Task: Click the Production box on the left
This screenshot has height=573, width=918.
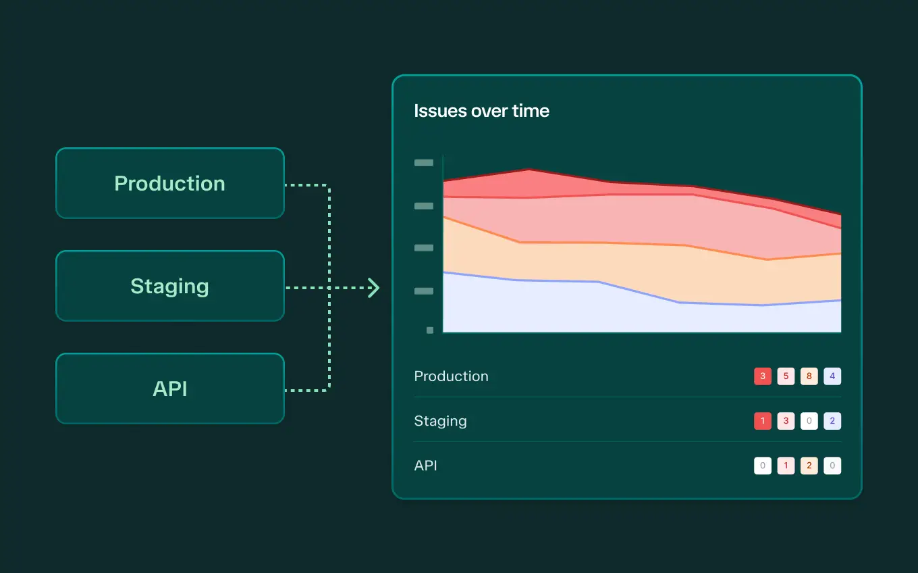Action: pyautogui.click(x=170, y=183)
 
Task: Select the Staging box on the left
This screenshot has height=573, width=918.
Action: pyautogui.click(x=170, y=286)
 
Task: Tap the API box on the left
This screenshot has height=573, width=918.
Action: pyautogui.click(x=170, y=389)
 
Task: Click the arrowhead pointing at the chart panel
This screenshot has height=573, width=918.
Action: pyautogui.click(x=374, y=288)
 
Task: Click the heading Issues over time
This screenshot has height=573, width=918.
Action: pyautogui.click(x=481, y=111)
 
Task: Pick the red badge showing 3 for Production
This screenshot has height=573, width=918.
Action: pyautogui.click(x=763, y=376)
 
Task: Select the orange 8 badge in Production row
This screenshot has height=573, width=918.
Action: pyautogui.click(x=809, y=376)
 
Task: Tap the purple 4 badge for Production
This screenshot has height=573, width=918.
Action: pyautogui.click(x=832, y=376)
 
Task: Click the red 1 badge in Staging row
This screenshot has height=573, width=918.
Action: pyautogui.click(x=763, y=421)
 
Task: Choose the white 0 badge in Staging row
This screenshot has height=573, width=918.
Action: pyautogui.click(x=809, y=421)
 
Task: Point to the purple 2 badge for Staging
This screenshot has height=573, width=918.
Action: pyautogui.click(x=832, y=421)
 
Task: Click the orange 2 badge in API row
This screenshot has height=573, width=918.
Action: pyautogui.click(x=809, y=466)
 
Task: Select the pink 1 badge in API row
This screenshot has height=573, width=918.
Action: pyautogui.click(x=786, y=466)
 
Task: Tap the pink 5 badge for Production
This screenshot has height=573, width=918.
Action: pyautogui.click(x=786, y=376)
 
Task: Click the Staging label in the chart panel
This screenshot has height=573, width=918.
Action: pyautogui.click(x=441, y=421)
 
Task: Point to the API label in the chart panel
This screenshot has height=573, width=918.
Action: pyautogui.click(x=425, y=466)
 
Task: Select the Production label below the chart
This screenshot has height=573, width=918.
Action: pyautogui.click(x=451, y=376)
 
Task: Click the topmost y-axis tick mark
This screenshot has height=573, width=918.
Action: pyautogui.click(x=424, y=163)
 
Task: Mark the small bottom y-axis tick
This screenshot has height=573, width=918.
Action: pyautogui.click(x=430, y=330)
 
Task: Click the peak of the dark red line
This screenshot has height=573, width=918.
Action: pyautogui.click(x=529, y=170)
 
